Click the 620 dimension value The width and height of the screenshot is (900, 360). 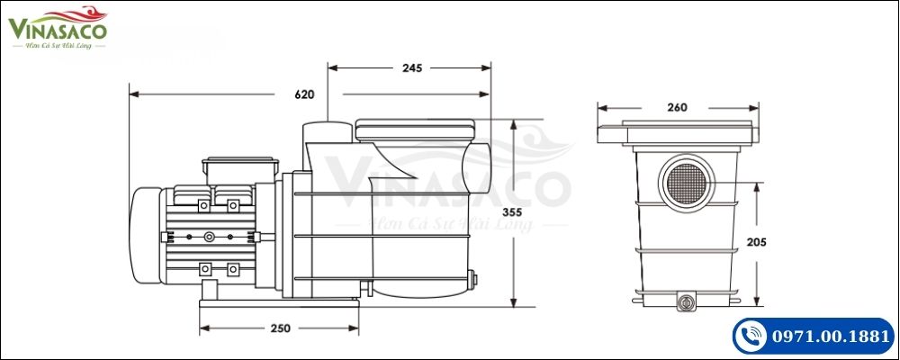point(304,94)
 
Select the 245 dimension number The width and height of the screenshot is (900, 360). point(412,67)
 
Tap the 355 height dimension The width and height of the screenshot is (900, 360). point(537,212)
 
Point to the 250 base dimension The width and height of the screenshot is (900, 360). point(280,328)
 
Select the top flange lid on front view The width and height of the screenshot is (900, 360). point(679,133)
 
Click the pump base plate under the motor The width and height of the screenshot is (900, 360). point(279,306)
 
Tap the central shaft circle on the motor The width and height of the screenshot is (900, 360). point(210,238)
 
